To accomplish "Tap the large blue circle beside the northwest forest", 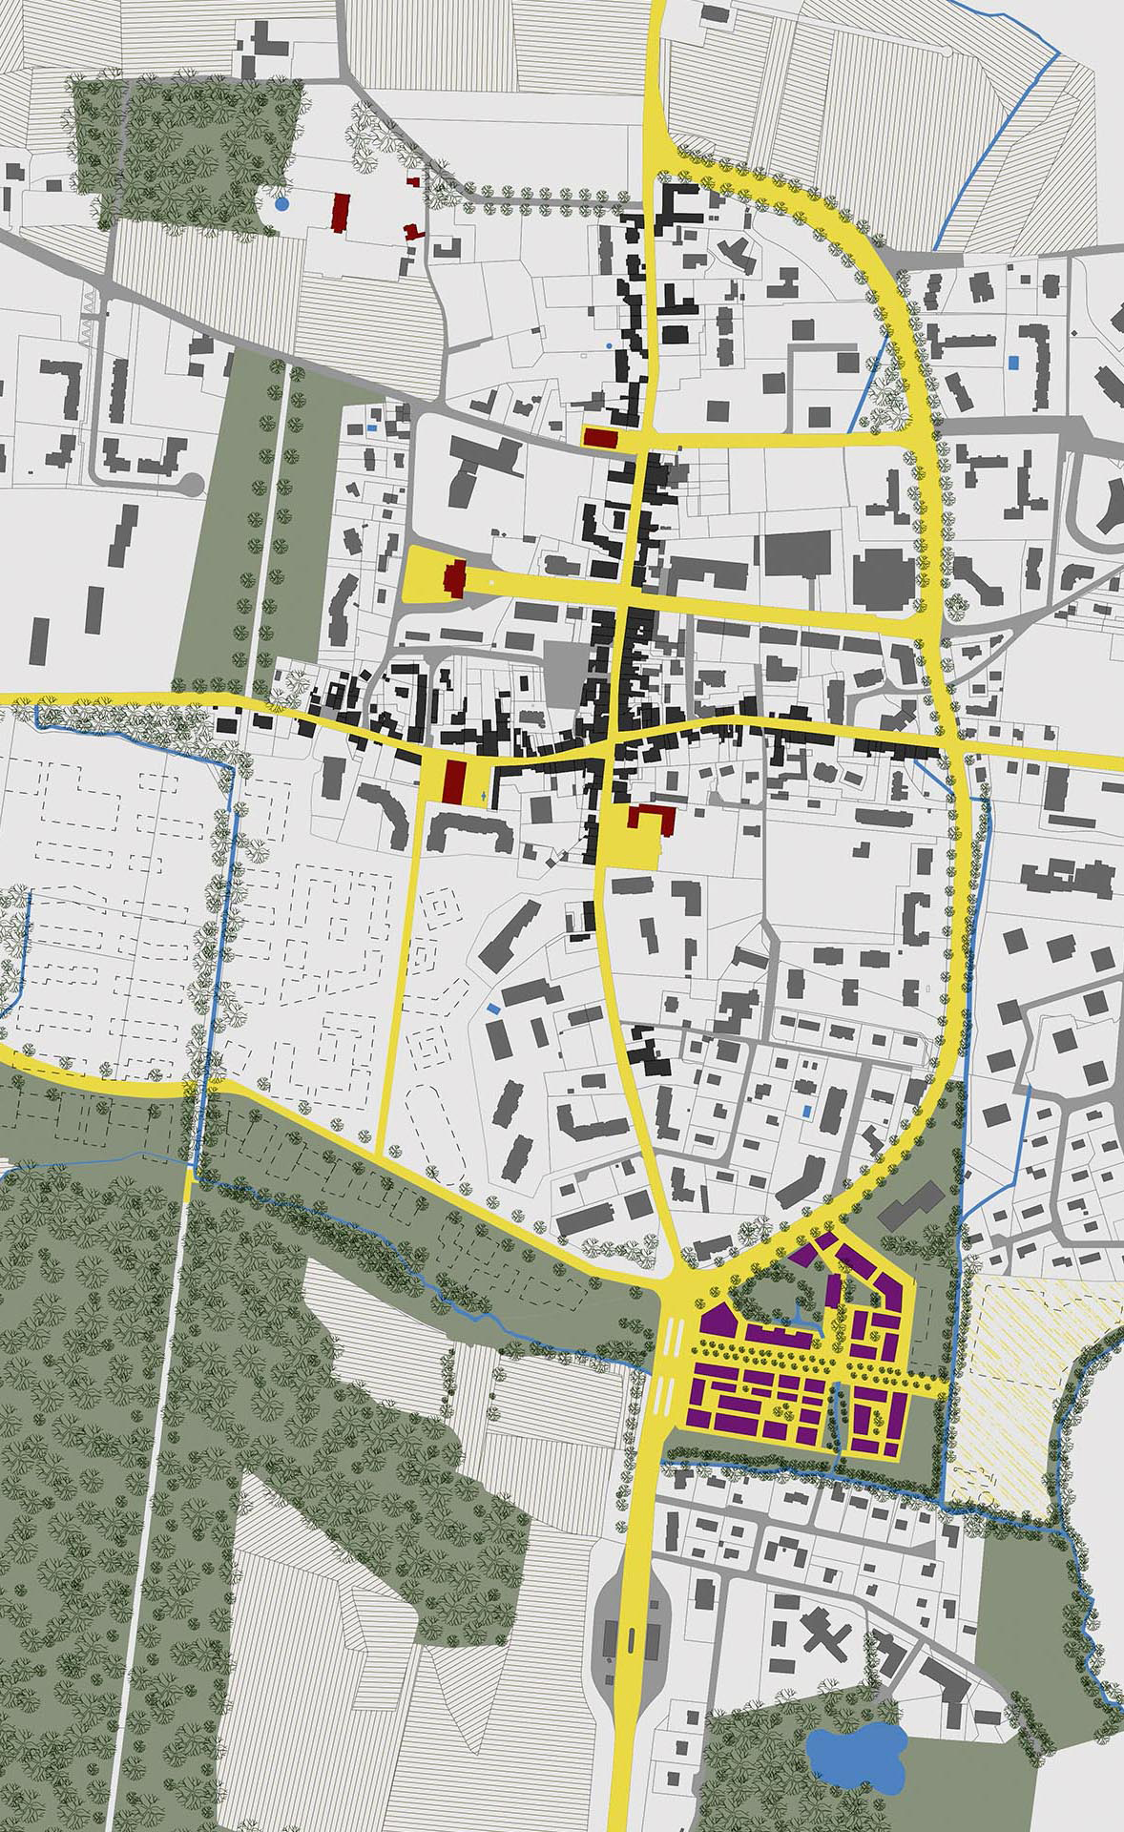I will point(281,203).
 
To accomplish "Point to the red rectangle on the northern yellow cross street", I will point(602,437).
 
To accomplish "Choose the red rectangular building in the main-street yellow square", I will point(454,782).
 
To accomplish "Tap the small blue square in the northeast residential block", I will point(1012,363).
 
